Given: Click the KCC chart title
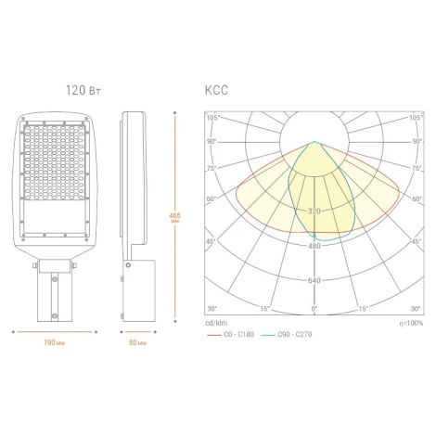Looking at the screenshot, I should pyautogui.click(x=215, y=90).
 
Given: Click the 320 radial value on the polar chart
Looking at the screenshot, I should pyautogui.click(x=314, y=212).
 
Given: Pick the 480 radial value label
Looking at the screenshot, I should pyautogui.click(x=314, y=246).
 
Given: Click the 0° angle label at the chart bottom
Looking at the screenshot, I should pyautogui.click(x=314, y=308).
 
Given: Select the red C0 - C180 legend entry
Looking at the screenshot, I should pyautogui.click(x=235, y=332).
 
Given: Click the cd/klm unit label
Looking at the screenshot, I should pyautogui.click(x=216, y=322).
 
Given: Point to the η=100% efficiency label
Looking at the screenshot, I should pyautogui.click(x=409, y=322).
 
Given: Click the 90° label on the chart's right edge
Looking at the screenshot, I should pyautogui.click(x=415, y=142).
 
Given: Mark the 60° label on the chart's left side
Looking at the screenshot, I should pyautogui.click(x=211, y=199).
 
